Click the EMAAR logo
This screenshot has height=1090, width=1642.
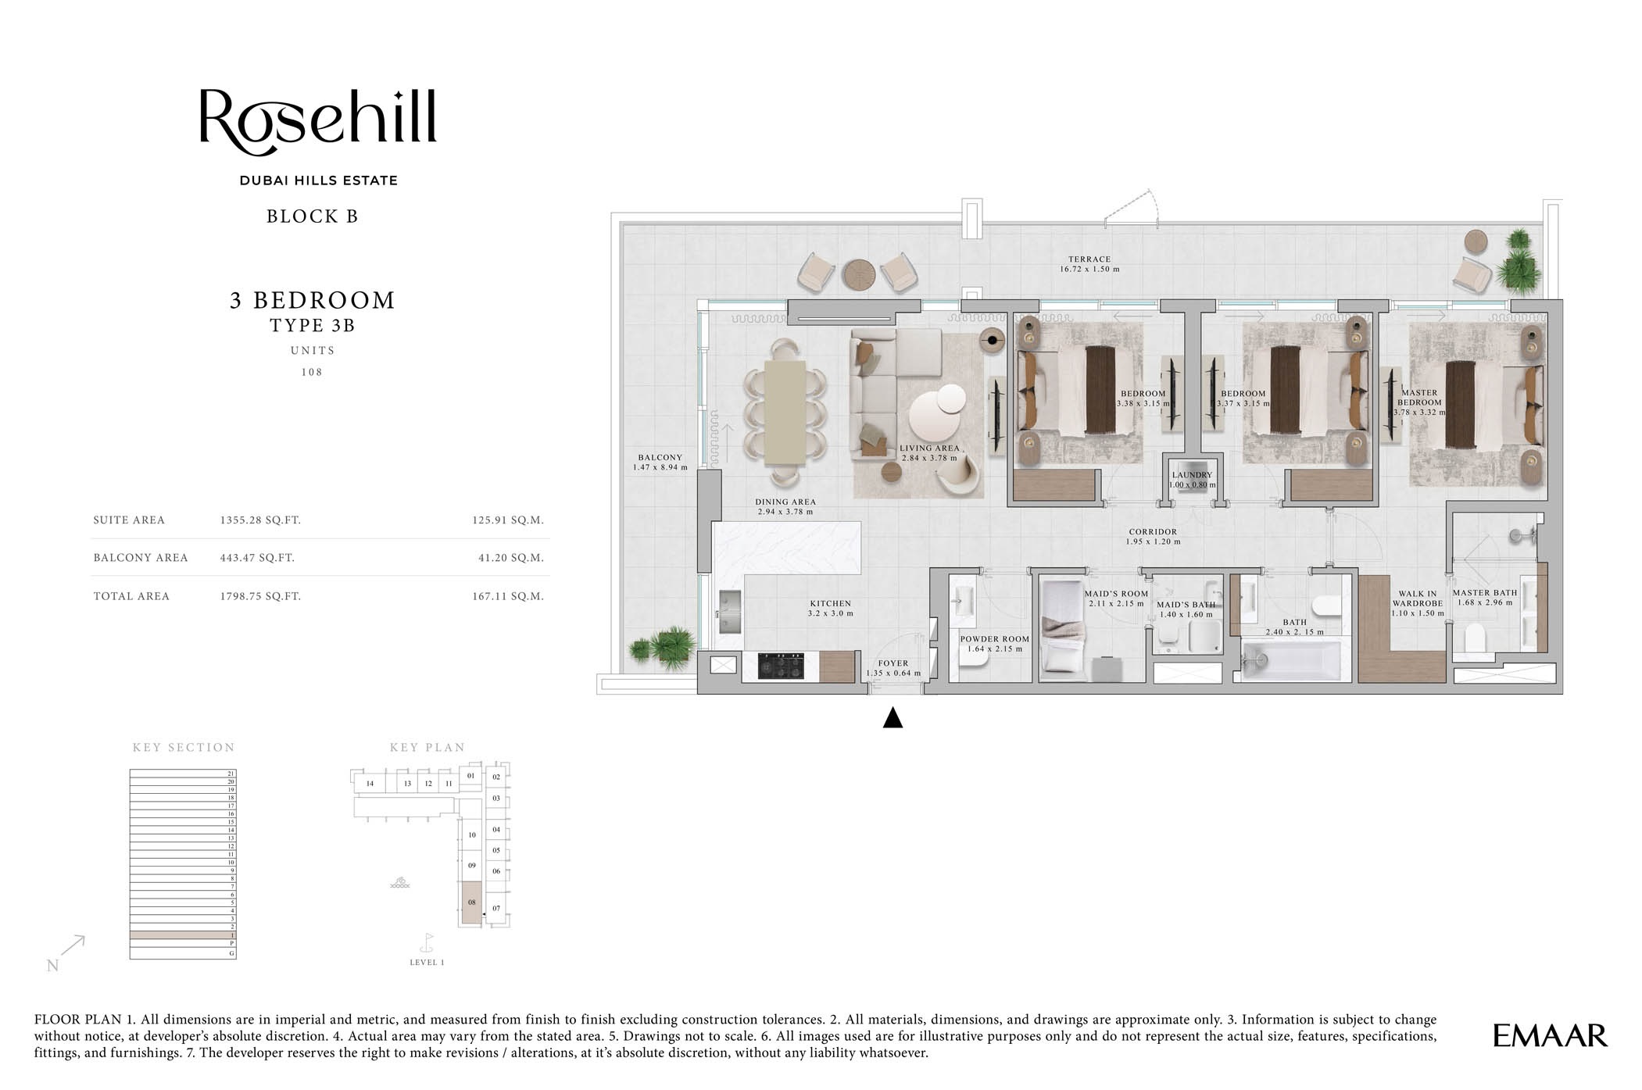click(1549, 1035)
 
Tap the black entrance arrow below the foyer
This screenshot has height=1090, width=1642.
click(893, 717)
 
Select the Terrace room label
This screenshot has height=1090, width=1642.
click(1089, 264)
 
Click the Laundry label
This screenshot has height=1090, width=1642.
click(1192, 479)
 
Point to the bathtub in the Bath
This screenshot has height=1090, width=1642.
click(1291, 661)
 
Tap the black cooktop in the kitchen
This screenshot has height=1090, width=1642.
click(782, 667)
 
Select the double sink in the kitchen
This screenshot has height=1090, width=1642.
click(730, 612)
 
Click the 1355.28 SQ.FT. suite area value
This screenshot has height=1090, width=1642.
click(260, 520)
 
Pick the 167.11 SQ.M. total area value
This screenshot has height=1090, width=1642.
click(507, 596)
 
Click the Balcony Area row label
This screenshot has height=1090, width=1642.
click(141, 558)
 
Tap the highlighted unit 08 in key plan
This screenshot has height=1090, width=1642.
click(471, 903)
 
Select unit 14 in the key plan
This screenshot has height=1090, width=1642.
click(370, 783)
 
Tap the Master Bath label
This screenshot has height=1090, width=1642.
click(1484, 598)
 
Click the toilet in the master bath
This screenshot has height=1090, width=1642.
click(1474, 638)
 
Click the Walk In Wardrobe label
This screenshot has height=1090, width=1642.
click(1417, 603)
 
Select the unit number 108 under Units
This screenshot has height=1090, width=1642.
click(312, 372)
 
